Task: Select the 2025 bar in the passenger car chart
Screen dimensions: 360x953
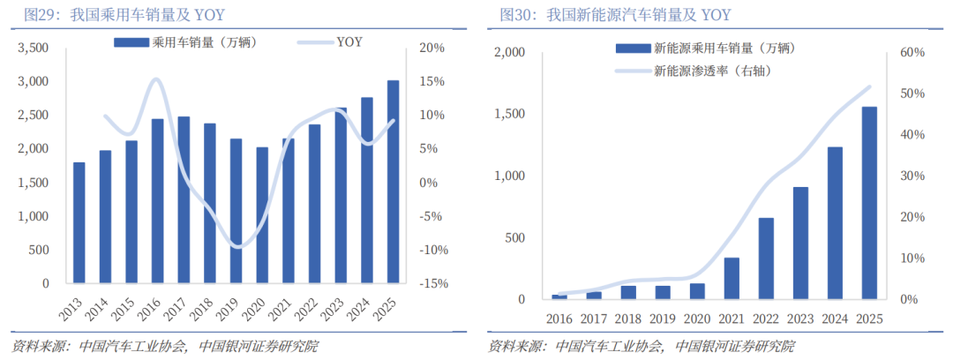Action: tap(393, 182)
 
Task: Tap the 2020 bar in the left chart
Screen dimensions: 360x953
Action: tap(262, 215)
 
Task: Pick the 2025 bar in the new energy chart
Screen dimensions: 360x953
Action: tap(869, 203)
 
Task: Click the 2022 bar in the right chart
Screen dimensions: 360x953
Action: tap(766, 259)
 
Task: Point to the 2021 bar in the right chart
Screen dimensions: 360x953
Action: tap(732, 278)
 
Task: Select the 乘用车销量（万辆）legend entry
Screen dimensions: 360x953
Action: tap(191, 41)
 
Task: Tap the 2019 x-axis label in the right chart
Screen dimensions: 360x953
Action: tap(663, 318)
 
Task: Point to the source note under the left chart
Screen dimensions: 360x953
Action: tap(164, 346)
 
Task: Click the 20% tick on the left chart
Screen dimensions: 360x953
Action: tap(428, 48)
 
